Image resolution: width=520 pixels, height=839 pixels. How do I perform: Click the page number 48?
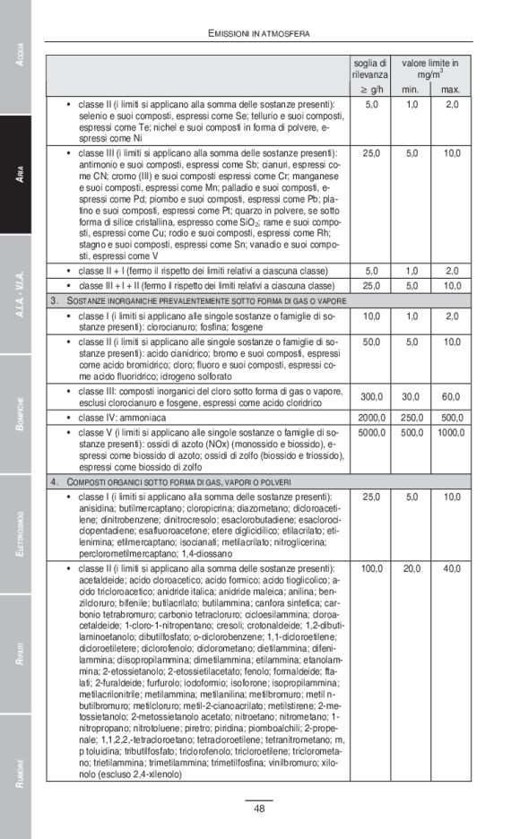[258, 809]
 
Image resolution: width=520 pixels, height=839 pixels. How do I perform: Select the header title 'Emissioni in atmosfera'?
[258, 33]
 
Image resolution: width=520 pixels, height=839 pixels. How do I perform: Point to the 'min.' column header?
[412, 90]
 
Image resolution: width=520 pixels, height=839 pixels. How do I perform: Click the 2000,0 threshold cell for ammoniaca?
[370, 418]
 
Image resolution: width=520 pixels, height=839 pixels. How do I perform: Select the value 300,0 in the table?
[370, 397]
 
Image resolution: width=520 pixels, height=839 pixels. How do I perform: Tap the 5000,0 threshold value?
[370, 433]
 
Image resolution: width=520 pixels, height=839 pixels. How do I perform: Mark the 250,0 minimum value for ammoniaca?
[412, 418]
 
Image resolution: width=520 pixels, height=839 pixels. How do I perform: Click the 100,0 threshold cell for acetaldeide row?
[370, 568]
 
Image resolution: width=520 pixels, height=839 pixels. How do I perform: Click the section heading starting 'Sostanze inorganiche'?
[197, 299]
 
